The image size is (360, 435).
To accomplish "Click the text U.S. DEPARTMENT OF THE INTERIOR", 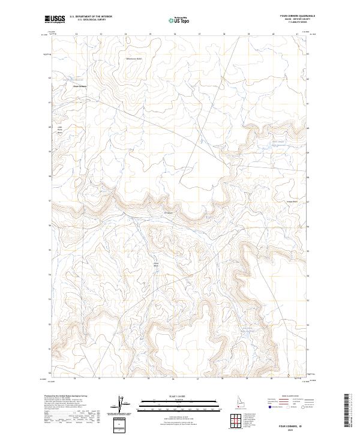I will click(x=91, y=16).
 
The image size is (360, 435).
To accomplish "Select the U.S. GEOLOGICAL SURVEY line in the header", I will click(x=91, y=20).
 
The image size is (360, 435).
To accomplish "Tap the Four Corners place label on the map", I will click(x=80, y=85).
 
